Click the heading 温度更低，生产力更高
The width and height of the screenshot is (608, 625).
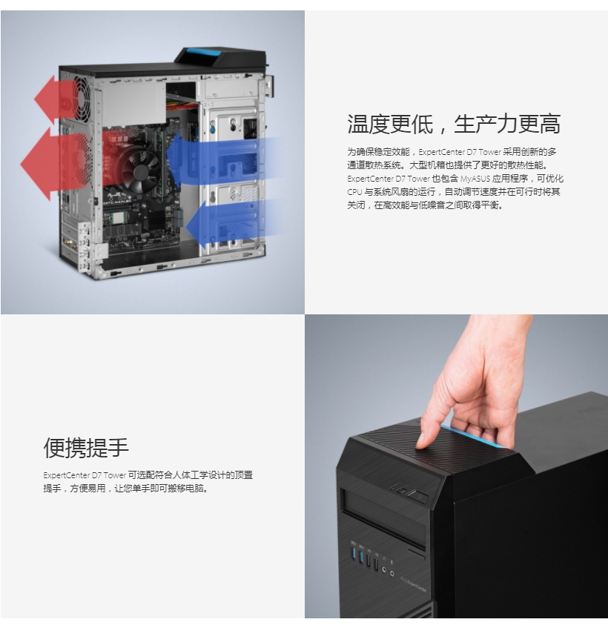pos(454,124)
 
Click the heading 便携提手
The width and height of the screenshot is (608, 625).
pos(86,447)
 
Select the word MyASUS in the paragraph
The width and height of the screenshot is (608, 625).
pos(475,179)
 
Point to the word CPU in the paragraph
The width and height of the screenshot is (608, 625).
pos(354,192)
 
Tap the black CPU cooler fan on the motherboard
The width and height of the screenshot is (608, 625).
pos(140,171)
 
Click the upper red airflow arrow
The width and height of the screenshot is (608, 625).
pos(60,99)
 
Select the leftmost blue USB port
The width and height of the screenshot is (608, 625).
pos(353,554)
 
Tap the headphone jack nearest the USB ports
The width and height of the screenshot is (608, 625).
pos(384,569)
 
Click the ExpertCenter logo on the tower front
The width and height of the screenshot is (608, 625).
pos(413,586)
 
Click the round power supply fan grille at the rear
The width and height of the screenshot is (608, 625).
pos(82,99)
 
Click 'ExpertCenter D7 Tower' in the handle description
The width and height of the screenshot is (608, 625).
pos(85,475)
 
